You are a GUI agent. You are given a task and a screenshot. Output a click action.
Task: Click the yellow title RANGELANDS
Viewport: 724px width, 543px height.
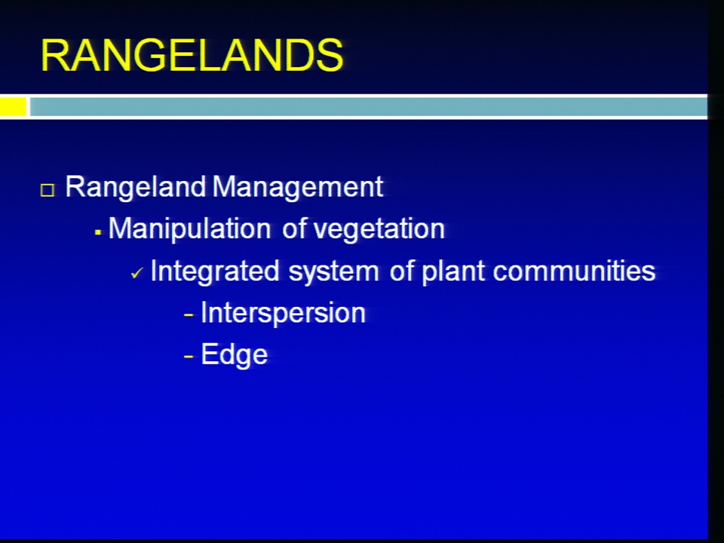192,55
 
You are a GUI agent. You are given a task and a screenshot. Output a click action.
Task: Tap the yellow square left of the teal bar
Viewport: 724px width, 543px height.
13,106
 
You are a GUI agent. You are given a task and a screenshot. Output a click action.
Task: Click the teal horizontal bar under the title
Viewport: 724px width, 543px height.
369,106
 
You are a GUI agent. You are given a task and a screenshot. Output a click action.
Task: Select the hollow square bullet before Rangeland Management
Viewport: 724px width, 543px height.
48,190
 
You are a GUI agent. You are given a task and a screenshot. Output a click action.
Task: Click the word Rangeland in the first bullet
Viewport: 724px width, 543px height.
136,188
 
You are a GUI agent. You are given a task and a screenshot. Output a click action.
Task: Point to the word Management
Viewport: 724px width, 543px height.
298,188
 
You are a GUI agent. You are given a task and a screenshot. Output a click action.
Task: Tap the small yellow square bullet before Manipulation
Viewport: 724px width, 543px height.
97,232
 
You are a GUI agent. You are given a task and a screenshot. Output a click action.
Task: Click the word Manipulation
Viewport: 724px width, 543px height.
189,229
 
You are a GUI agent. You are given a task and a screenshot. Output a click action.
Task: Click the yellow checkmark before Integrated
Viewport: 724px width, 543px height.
137,273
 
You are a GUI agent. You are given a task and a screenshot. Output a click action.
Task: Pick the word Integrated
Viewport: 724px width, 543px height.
215,271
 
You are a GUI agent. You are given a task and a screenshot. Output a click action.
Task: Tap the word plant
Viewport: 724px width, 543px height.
453,271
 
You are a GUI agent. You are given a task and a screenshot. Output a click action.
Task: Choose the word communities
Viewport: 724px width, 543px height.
575,271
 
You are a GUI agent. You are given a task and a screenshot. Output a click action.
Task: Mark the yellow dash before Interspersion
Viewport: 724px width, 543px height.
189,315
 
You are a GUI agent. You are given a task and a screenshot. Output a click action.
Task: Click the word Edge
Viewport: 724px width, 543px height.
235,354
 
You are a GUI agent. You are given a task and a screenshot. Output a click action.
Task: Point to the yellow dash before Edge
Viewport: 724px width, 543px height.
189,357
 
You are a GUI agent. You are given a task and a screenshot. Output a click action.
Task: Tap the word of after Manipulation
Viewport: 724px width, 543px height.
294,228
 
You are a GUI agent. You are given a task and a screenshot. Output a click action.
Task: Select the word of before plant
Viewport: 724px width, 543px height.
401,271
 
